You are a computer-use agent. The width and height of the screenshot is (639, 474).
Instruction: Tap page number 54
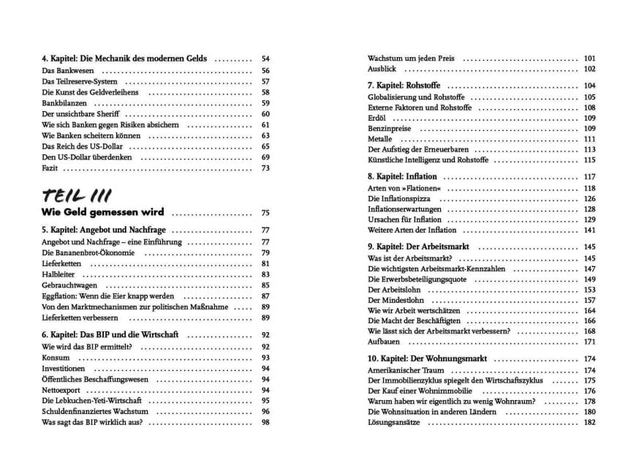pos(265,59)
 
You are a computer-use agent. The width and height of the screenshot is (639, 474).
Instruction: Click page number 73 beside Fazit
pos(265,168)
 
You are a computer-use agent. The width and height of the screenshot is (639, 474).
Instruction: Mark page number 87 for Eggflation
pos(265,296)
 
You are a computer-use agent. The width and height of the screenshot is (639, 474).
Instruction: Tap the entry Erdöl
pos(378,118)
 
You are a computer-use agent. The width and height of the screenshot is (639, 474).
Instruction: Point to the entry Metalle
pos(381,139)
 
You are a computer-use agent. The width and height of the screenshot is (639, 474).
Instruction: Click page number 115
pos(590,159)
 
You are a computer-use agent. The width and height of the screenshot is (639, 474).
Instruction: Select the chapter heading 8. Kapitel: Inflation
pos(402,177)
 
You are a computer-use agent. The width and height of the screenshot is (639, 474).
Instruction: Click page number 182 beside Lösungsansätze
pos(590,423)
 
